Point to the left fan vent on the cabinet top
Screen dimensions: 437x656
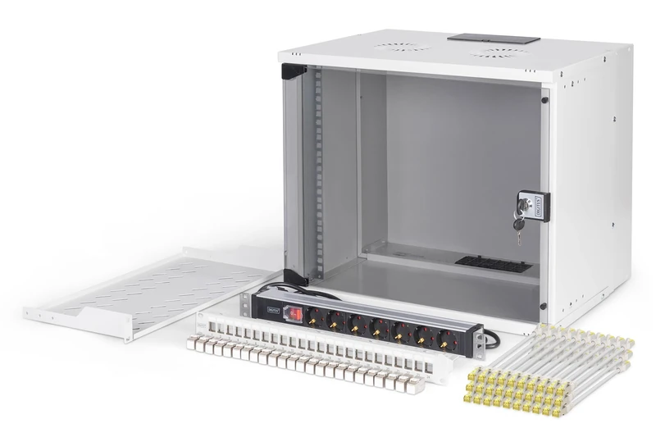pos(403,47)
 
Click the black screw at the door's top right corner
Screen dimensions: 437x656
pos(543,99)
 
